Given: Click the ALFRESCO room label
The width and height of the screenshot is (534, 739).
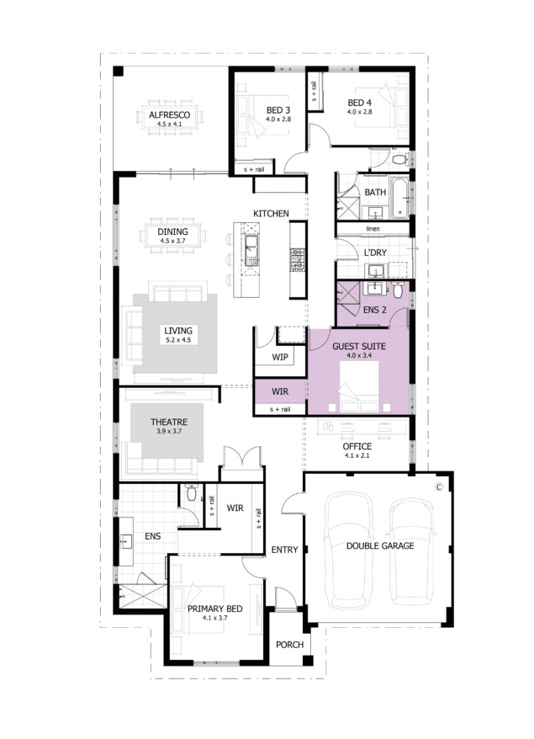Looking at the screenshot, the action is [x=170, y=114].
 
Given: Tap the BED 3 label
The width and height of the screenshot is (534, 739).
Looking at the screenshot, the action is [x=278, y=110].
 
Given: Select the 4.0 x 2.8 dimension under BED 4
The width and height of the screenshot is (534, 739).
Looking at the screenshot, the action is [x=359, y=112].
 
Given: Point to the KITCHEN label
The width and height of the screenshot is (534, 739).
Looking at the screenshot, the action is [x=271, y=214].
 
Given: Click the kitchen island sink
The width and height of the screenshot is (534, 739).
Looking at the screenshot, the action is [x=251, y=250].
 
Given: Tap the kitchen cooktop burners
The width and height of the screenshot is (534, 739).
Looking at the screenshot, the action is [x=298, y=260].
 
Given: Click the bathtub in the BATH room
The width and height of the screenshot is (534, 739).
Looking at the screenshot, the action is [x=399, y=198].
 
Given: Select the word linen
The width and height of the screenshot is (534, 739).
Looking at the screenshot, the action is [x=373, y=229].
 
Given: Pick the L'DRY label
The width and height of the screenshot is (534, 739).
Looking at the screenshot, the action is [x=375, y=253].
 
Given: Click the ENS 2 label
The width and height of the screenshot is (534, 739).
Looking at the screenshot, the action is [x=375, y=310].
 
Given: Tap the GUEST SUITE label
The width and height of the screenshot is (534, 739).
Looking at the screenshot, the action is [x=359, y=347].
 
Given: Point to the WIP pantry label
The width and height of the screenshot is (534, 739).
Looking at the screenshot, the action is [x=280, y=357].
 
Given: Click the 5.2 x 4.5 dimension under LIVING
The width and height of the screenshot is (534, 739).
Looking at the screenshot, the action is [x=178, y=340].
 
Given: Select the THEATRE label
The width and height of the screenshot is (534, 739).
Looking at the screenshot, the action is [x=169, y=423].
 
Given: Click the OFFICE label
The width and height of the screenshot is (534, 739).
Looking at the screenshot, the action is [x=357, y=446].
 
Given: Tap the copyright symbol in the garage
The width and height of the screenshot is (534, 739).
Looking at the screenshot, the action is [x=439, y=486].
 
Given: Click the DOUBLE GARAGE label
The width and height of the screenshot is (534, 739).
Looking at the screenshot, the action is [x=380, y=545].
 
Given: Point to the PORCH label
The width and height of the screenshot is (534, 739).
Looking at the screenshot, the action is [x=289, y=645].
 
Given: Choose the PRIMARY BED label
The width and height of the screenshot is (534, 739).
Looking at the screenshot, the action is [x=214, y=609].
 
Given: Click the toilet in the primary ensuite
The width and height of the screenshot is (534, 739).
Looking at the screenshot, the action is [x=191, y=492].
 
